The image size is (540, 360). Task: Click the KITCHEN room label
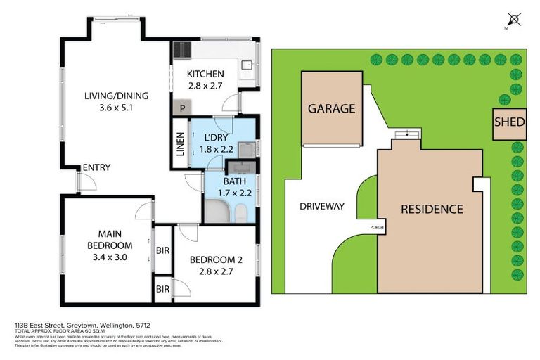click(x=205, y=74)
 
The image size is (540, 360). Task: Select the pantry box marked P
click(x=183, y=108)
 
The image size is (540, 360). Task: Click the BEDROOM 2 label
click(x=216, y=260)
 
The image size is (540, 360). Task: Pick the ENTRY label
click(x=96, y=167)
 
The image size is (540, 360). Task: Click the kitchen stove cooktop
click(x=181, y=50)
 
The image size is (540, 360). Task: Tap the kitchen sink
click(x=248, y=65)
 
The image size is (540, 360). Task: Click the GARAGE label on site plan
click(x=331, y=108)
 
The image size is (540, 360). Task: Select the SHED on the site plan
click(x=509, y=122)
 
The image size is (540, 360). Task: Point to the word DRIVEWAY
click(x=321, y=206)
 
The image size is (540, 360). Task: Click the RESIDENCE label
click(x=432, y=209)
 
